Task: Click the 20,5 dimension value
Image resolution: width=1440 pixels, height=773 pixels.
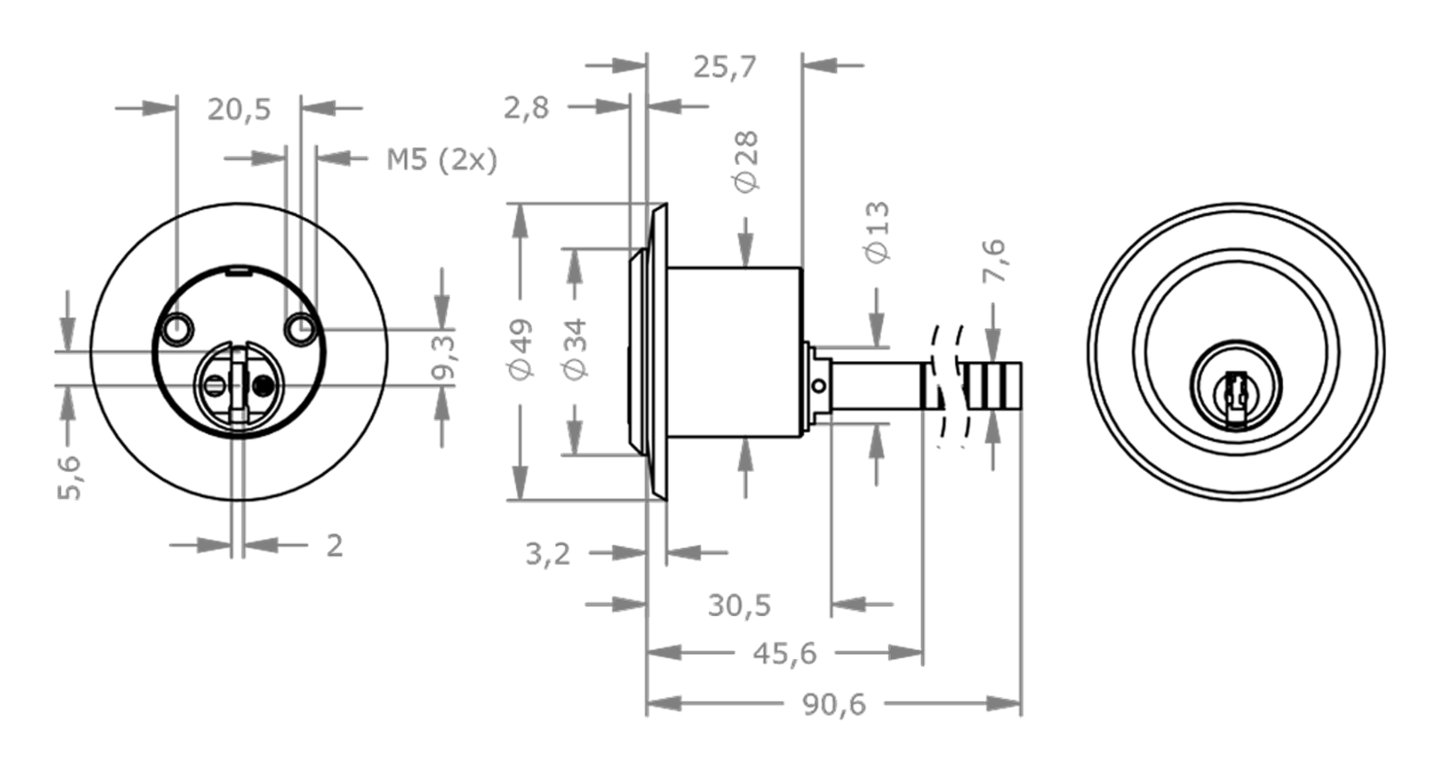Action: click(238, 110)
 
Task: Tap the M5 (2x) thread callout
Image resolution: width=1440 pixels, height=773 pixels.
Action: click(442, 160)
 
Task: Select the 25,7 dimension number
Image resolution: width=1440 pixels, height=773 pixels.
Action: click(724, 67)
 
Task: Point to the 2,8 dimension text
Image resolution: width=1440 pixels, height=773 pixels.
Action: click(526, 108)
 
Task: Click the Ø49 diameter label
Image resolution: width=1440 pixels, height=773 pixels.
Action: click(521, 348)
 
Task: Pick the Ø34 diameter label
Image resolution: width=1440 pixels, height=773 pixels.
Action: click(576, 348)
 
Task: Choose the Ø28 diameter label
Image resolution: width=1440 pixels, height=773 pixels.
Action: click(747, 161)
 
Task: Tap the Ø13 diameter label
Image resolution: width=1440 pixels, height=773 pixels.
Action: click(877, 231)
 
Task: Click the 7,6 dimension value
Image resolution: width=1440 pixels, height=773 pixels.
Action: click(994, 260)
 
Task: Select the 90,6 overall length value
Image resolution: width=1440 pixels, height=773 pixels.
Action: click(834, 705)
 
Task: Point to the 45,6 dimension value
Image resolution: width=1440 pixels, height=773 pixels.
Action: click(784, 654)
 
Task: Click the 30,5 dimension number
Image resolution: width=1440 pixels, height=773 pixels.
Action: click(739, 605)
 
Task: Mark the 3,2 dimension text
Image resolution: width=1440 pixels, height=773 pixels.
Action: click(547, 554)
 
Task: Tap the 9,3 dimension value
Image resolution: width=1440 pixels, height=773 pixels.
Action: click(444, 357)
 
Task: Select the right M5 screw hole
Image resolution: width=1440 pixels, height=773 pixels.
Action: click(301, 329)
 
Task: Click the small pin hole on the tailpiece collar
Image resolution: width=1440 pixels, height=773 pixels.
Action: click(819, 386)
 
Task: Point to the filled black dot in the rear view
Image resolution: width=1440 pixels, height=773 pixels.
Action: click(262, 386)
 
